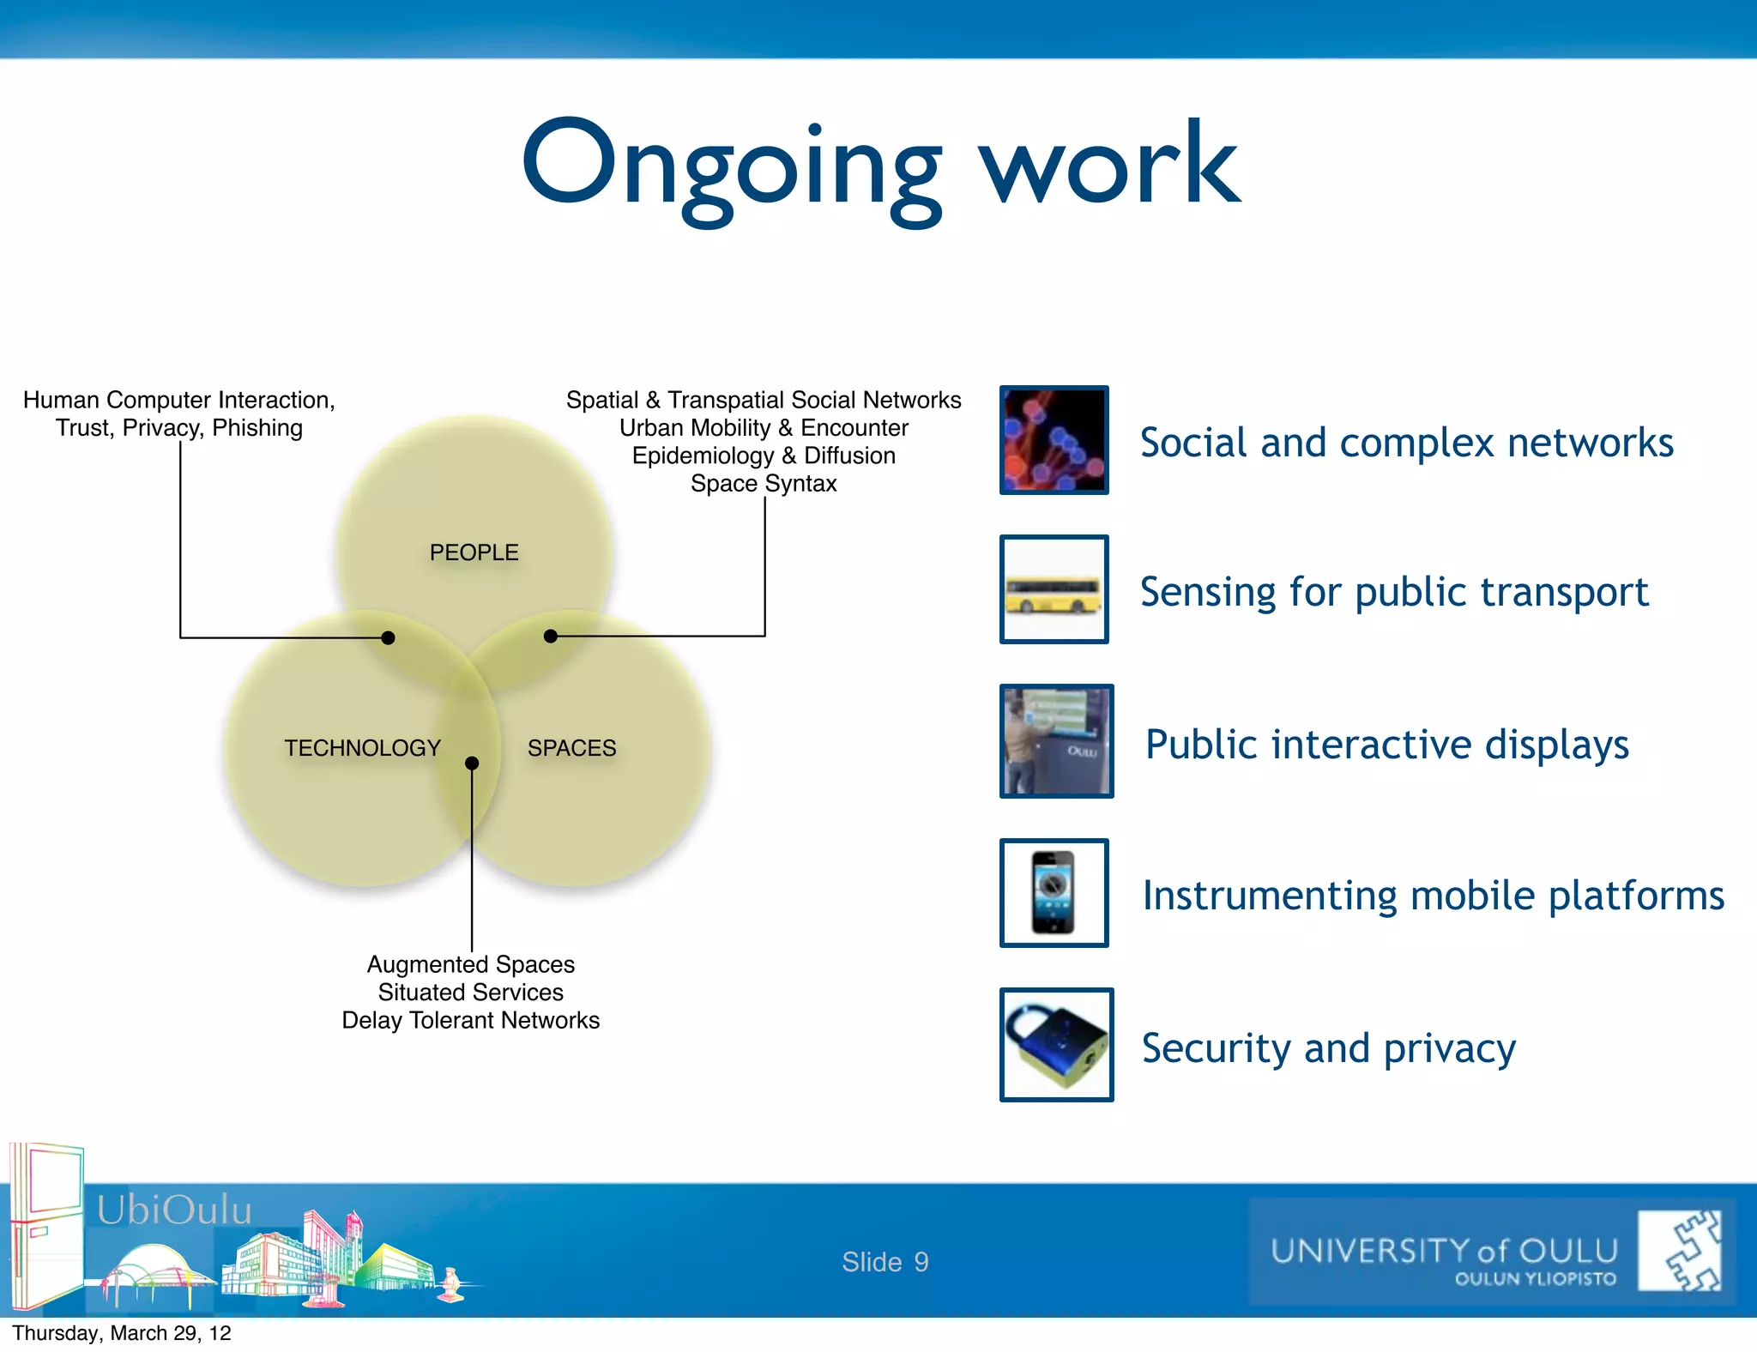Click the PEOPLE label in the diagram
[474, 552]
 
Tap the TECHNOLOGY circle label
[362, 748]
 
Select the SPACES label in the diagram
[571, 748]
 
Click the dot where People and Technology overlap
[388, 637]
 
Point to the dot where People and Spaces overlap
[551, 637]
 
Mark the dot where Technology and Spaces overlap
[472, 763]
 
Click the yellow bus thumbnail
[1054, 589]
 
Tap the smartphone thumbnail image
[1054, 893]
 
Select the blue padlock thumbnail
[1056, 1045]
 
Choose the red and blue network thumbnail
[1054, 440]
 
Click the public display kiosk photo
[1056, 741]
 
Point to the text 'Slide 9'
[885, 1262]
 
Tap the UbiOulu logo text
[174, 1210]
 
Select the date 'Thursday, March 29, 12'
[122, 1333]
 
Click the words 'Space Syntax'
[764, 484]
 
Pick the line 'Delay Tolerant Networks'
[470, 1020]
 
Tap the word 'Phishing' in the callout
[257, 428]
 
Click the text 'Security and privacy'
[1328, 1048]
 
